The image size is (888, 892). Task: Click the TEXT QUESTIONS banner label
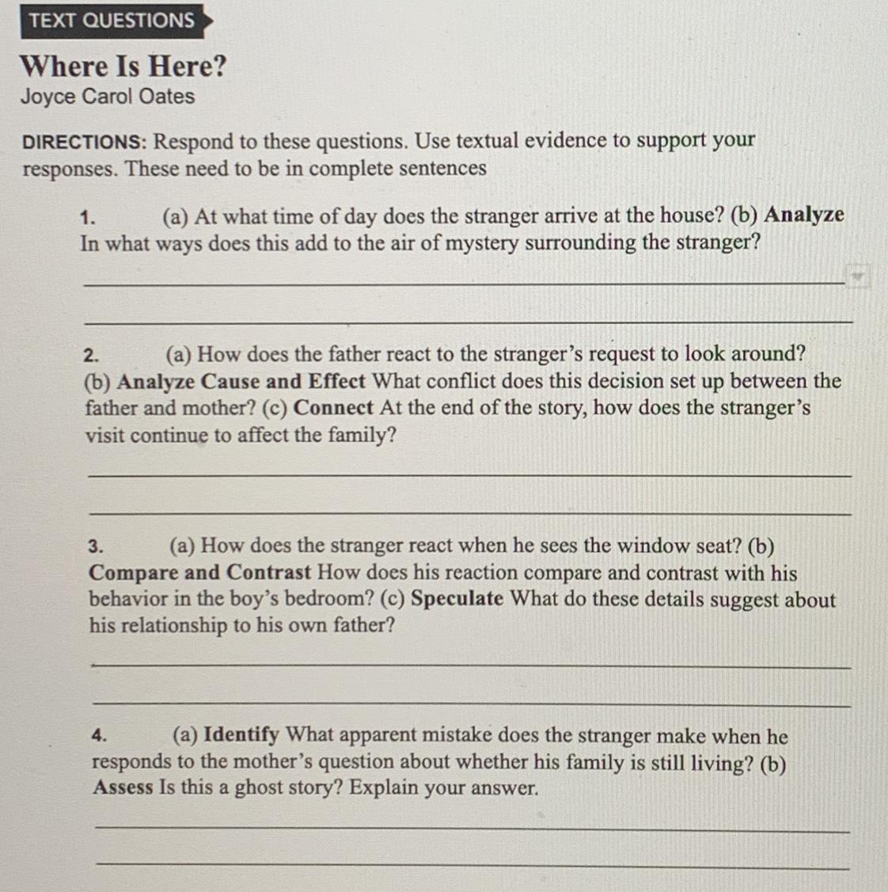112,21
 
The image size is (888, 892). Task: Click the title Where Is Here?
123,66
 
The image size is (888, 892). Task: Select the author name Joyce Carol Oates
108,97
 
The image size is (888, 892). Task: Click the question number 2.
92,355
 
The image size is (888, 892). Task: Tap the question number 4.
99,736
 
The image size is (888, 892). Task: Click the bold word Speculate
457,599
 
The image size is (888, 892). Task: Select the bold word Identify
241,736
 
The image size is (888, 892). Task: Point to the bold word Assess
123,789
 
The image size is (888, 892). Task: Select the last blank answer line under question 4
472,867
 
